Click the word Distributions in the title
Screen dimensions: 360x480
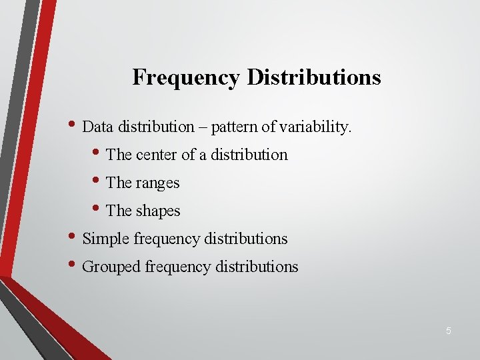coord(314,77)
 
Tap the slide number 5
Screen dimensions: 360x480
coord(449,331)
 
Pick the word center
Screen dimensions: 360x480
coord(157,155)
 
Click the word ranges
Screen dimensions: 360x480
coord(158,183)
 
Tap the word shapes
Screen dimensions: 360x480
coord(158,211)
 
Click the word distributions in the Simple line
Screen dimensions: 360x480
coord(249,239)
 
